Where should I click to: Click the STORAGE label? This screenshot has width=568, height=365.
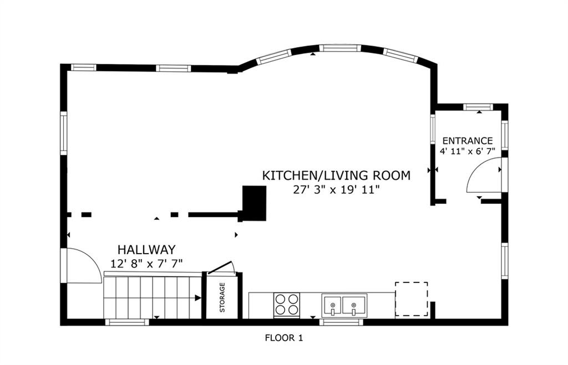(222, 297)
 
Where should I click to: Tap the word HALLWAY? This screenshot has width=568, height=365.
(146, 250)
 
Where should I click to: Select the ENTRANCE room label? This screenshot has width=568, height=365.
(467, 141)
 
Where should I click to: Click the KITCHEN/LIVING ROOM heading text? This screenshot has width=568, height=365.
(336, 176)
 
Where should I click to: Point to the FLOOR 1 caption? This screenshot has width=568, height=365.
(283, 338)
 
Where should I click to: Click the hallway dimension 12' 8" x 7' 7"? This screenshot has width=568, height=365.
(146, 264)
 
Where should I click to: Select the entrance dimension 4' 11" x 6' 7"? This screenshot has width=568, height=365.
(467, 151)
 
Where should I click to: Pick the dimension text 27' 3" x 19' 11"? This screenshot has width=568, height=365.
(336, 190)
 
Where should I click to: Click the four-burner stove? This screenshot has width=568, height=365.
(287, 305)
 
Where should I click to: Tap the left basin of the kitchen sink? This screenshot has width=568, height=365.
(332, 306)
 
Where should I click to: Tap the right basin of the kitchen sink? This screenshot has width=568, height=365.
(354, 306)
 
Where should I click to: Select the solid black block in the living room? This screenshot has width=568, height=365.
(254, 203)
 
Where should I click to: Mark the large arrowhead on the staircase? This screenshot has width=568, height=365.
(198, 298)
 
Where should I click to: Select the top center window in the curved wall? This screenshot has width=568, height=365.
(340, 48)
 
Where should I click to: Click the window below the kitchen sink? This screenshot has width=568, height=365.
(341, 322)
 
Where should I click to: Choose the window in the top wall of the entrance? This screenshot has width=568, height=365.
(478, 107)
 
